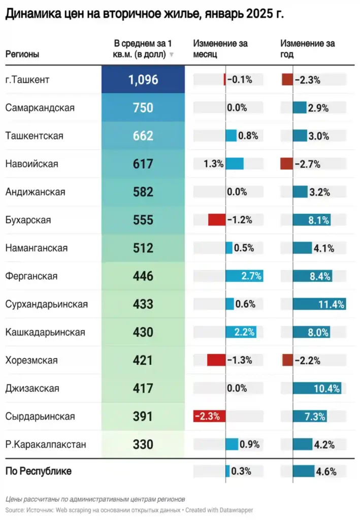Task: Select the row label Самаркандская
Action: [x=40, y=108]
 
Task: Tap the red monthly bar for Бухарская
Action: [x=216, y=220]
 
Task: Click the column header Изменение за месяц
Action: [x=220, y=49]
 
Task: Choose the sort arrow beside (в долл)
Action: [x=172, y=55]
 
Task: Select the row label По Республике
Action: [x=38, y=471]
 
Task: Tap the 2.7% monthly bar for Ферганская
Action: [x=244, y=276]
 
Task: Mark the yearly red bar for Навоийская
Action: [x=286, y=164]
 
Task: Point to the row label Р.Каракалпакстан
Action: [x=45, y=444]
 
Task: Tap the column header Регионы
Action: [x=22, y=54]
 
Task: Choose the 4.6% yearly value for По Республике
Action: [x=326, y=471]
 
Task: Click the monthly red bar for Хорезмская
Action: [x=216, y=361]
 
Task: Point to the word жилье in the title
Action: [x=173, y=15]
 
